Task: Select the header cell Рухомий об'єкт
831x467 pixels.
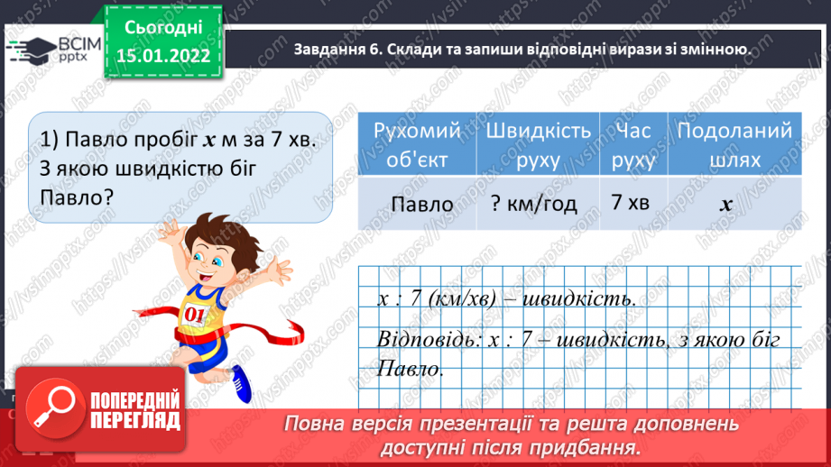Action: pyautogui.click(x=416, y=144)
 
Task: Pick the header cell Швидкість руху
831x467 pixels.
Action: pyautogui.click(x=539, y=144)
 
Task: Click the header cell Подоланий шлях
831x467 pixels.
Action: pyautogui.click(x=734, y=144)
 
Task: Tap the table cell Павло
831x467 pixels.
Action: pyautogui.click(x=416, y=204)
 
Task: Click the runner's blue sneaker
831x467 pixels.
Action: pyautogui.click(x=242, y=384)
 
